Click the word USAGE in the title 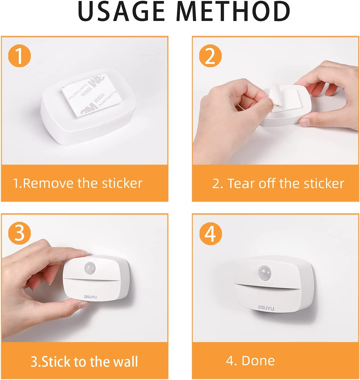click(x=121, y=12)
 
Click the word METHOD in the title click(x=233, y=12)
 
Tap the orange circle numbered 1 click(x=20, y=56)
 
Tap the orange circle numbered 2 click(x=210, y=56)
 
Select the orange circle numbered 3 click(x=20, y=233)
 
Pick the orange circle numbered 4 click(x=210, y=233)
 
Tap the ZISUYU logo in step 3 click(x=90, y=297)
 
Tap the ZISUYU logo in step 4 click(x=266, y=308)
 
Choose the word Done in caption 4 click(x=258, y=361)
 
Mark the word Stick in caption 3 click(x=56, y=362)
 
